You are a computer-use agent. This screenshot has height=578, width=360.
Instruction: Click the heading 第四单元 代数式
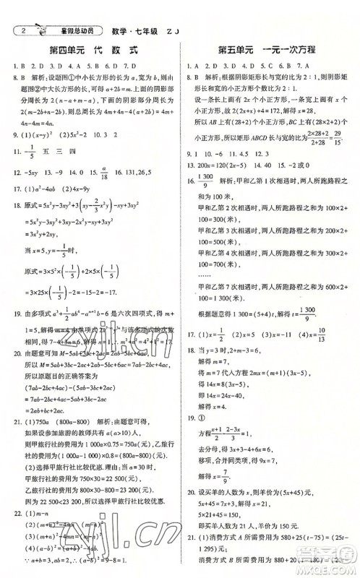coord(93,51)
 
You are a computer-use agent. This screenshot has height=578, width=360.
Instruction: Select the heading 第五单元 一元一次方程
coord(268,51)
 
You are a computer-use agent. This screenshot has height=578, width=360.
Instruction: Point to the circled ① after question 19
coord(205,397)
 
